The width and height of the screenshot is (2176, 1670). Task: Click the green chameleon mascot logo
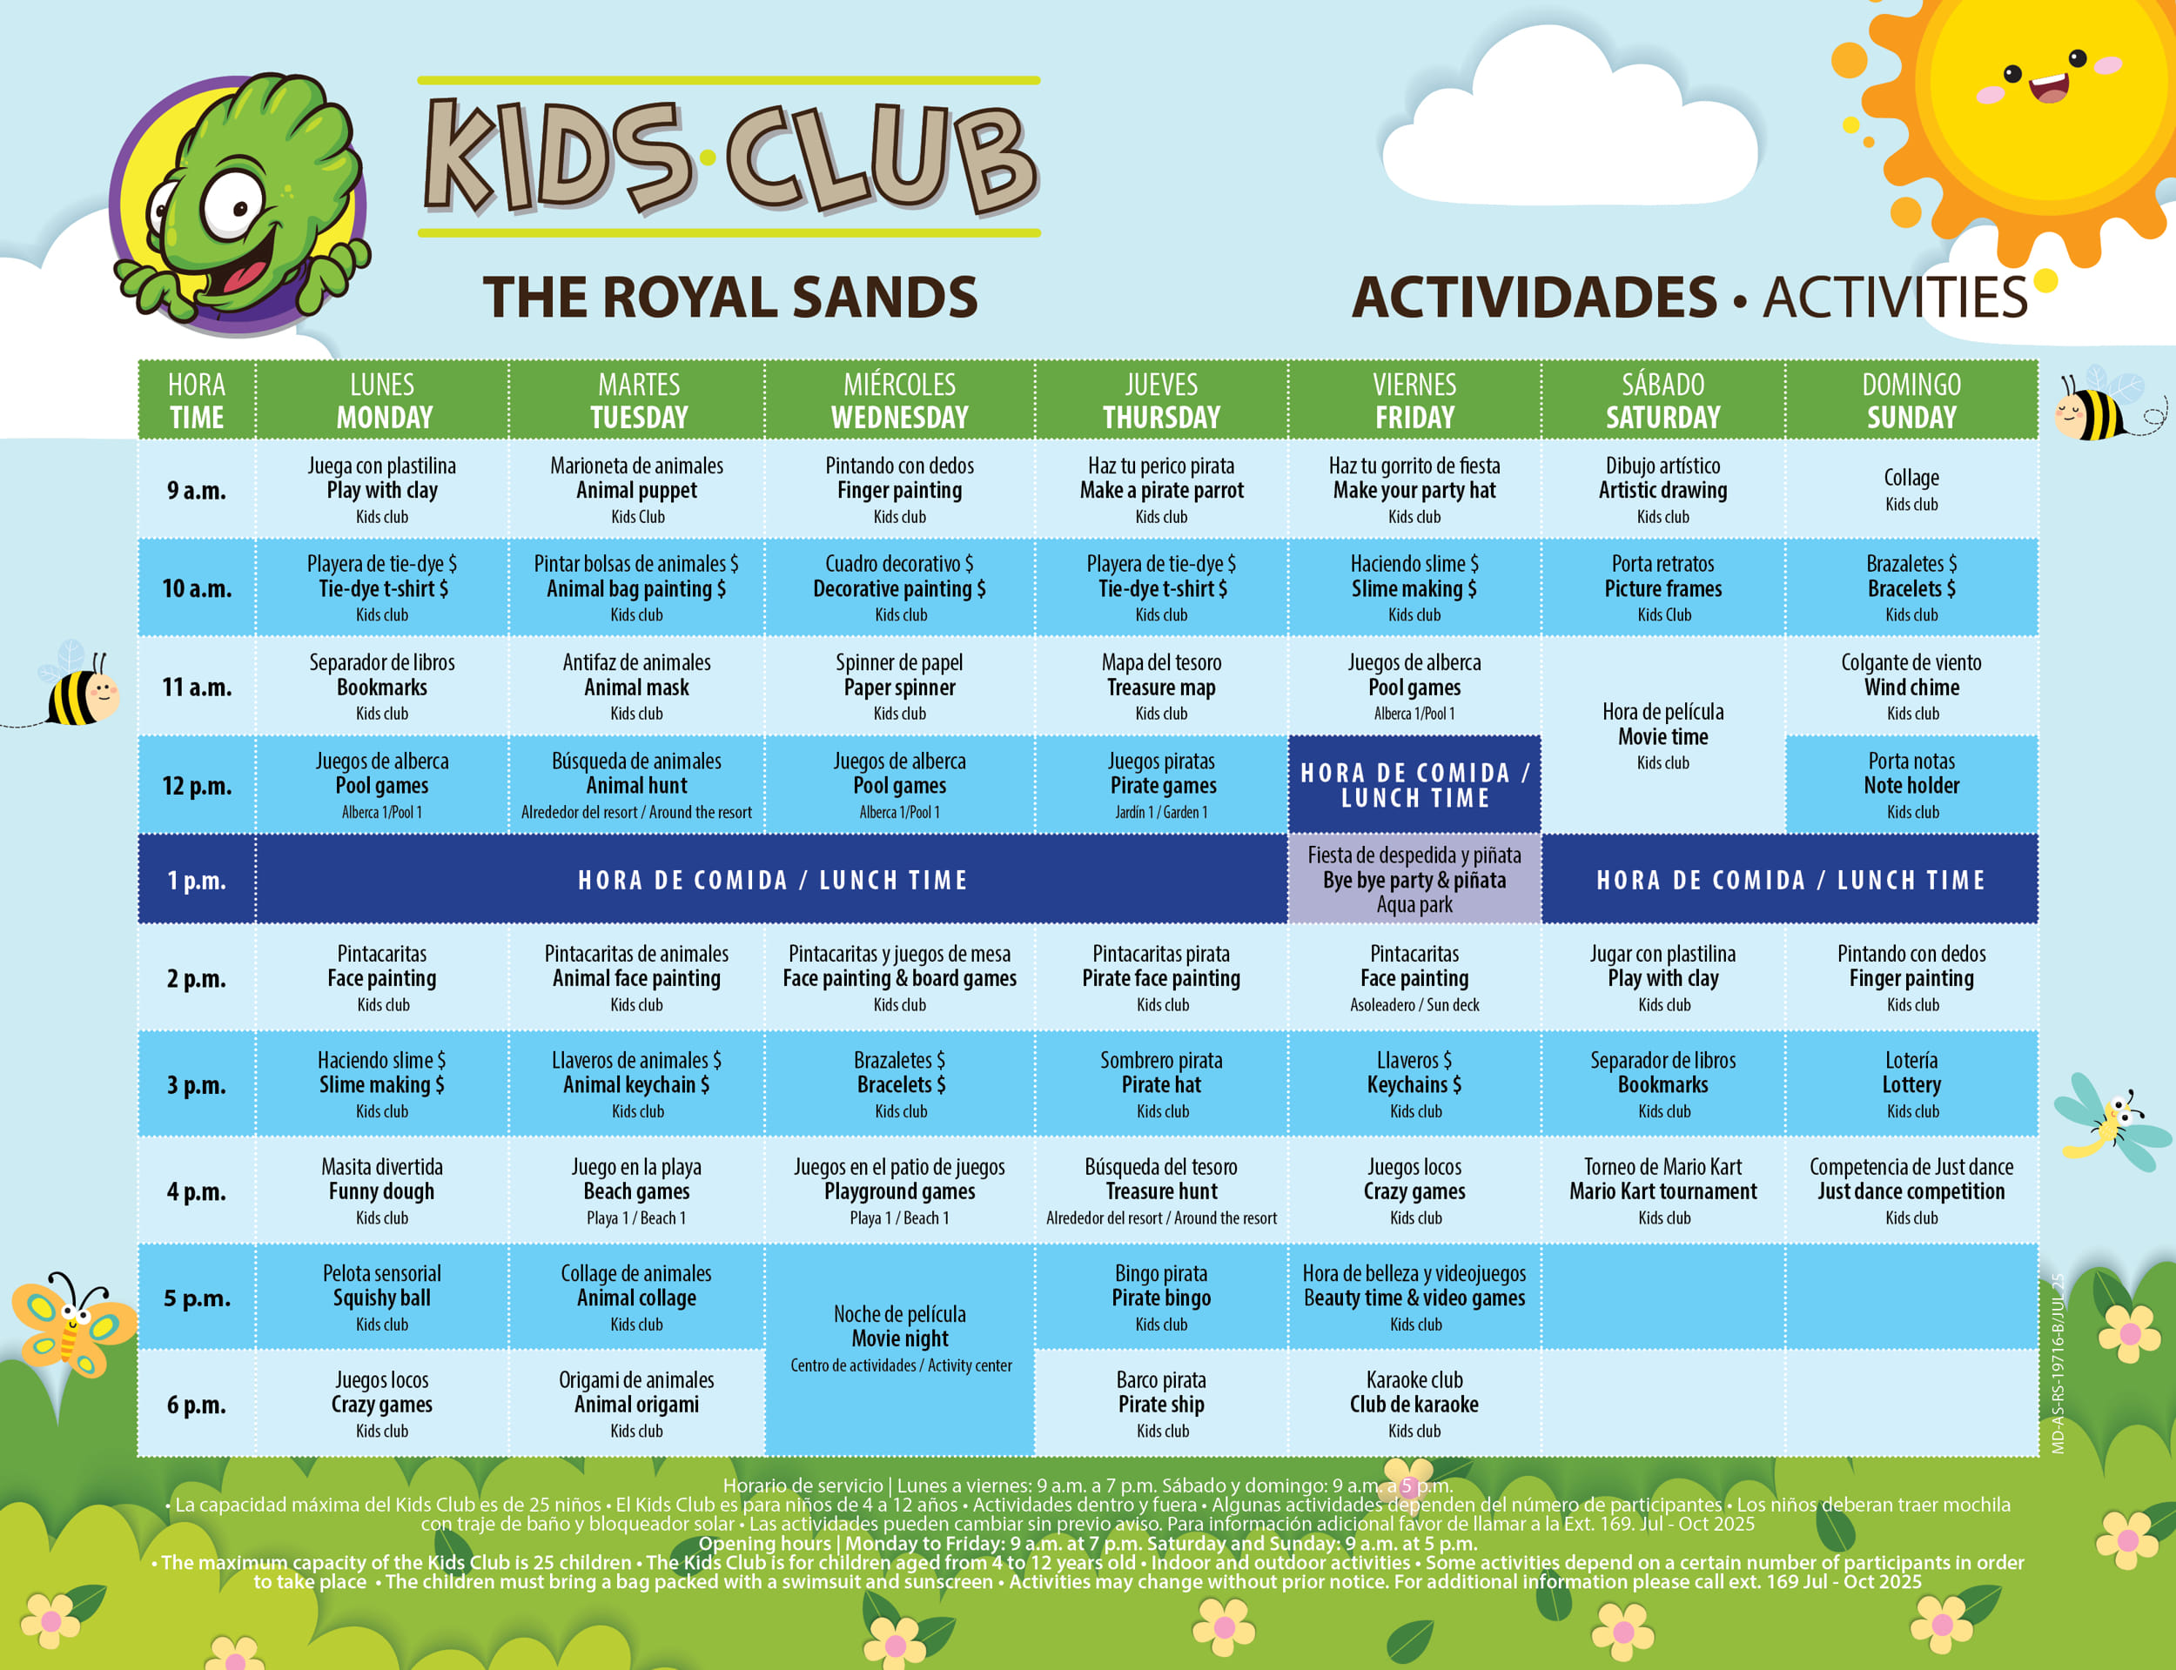click(238, 204)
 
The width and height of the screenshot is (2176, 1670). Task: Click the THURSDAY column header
click(1161, 399)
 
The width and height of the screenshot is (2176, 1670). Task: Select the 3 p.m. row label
click(197, 1084)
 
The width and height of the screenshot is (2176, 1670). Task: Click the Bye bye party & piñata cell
click(1414, 880)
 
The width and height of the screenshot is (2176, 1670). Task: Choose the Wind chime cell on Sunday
click(1911, 687)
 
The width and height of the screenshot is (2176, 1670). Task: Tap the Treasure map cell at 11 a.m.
click(1161, 687)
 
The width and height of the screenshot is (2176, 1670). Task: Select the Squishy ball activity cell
click(382, 1298)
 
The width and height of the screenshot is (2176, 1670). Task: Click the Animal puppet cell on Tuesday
click(637, 489)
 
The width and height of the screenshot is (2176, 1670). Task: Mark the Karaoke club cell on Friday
click(1414, 1404)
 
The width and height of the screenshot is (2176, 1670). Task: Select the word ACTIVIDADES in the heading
click(1534, 296)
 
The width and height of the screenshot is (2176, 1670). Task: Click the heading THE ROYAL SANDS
click(730, 296)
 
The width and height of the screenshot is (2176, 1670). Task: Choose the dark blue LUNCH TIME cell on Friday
click(1414, 784)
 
